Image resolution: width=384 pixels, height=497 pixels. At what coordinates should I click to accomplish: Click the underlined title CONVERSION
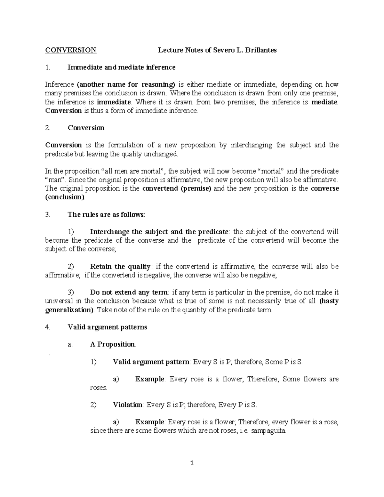tap(70, 50)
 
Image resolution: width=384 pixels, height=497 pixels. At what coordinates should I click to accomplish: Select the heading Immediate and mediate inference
tap(122, 67)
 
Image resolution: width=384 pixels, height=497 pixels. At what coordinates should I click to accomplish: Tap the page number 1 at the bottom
tap(192, 463)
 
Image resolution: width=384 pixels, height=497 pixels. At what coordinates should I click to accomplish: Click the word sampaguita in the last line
tap(268, 431)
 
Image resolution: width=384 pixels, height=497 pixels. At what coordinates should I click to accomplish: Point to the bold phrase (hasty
tap(329, 301)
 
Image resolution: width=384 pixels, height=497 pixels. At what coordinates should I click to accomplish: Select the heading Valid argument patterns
tap(107, 327)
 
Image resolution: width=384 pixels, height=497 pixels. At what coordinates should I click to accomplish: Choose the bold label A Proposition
tap(113, 344)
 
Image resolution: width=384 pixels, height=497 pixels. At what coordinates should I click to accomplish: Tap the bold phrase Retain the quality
tap(120, 267)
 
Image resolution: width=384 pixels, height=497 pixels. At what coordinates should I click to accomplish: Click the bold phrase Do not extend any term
tap(129, 292)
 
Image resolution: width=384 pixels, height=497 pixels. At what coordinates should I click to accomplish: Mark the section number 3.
tap(47, 214)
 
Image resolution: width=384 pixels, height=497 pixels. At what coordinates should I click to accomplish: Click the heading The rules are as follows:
tap(106, 214)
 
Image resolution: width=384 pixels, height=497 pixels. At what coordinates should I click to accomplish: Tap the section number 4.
tap(47, 327)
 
